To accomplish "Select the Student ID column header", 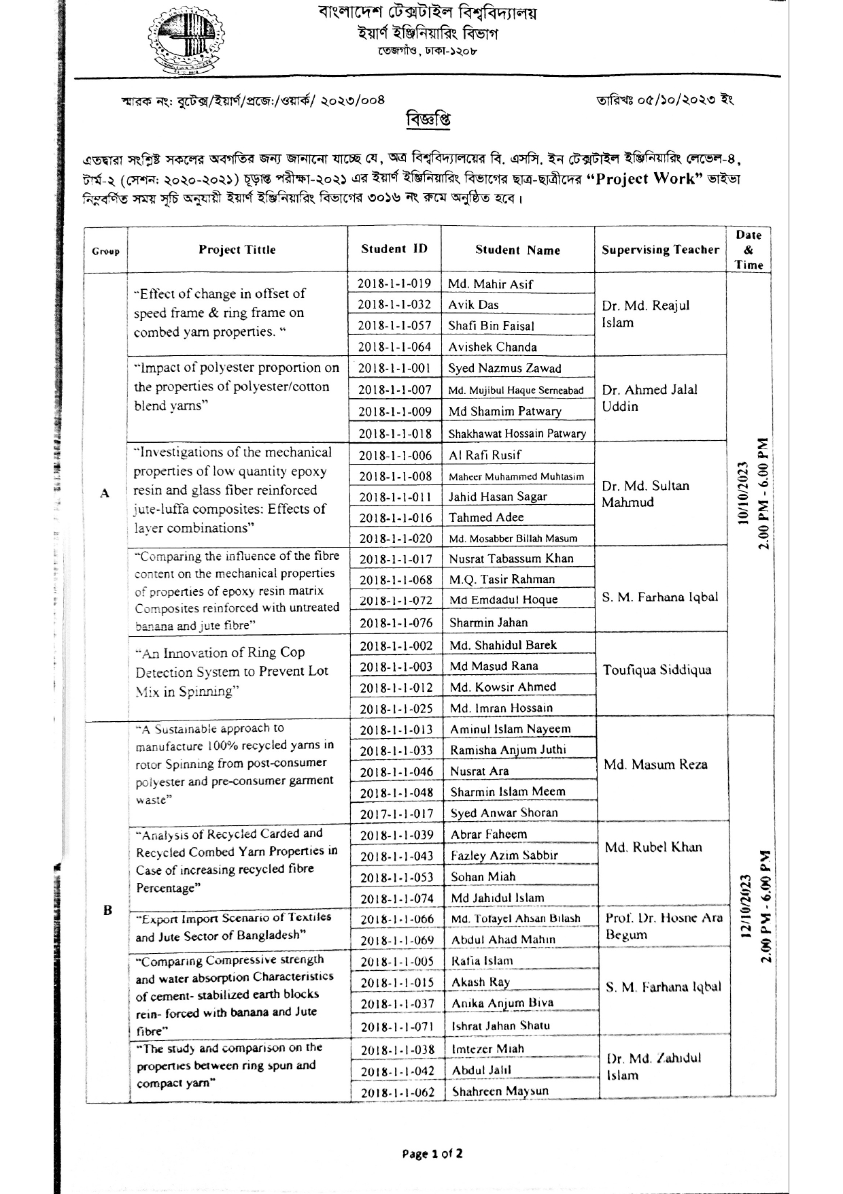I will click(394, 249).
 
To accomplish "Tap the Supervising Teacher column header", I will click(660, 250).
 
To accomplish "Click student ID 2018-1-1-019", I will click(394, 284).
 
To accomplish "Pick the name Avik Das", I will click(473, 305).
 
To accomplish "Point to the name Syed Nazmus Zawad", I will click(504, 369).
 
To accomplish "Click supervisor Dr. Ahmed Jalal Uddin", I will click(650, 398).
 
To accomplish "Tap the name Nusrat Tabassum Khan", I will click(511, 559).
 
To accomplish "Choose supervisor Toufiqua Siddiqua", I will click(657, 670).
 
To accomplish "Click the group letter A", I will click(105, 493).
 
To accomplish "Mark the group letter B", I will click(107, 910).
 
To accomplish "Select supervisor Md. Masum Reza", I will click(655, 765).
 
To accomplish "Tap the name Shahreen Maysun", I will click(500, 1091).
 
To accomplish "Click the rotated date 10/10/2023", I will click(743, 493).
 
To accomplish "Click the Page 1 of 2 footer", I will click(432, 1154).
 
